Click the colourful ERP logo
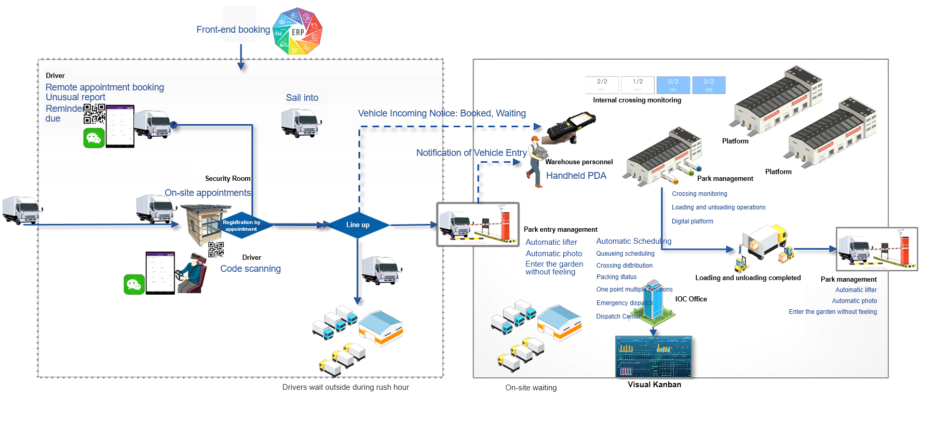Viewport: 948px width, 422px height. [x=297, y=32]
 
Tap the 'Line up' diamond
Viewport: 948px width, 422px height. [x=358, y=225]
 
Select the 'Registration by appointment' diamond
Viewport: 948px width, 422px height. [x=241, y=226]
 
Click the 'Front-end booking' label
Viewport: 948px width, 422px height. [x=233, y=30]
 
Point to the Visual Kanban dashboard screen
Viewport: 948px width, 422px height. [x=654, y=357]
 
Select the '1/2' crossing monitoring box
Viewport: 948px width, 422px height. [x=638, y=85]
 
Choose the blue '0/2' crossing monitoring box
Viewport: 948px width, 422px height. [x=673, y=85]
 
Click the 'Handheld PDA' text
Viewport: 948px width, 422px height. [x=576, y=176]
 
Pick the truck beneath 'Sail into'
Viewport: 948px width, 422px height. [x=301, y=123]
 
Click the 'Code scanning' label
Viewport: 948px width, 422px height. [x=250, y=269]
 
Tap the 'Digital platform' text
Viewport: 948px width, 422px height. [x=693, y=221]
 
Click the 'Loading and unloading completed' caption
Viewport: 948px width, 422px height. [x=748, y=278]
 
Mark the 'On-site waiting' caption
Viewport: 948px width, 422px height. [x=531, y=388]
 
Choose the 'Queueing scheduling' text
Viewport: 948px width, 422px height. [x=625, y=254]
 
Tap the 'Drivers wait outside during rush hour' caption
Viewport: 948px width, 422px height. [x=345, y=387]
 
